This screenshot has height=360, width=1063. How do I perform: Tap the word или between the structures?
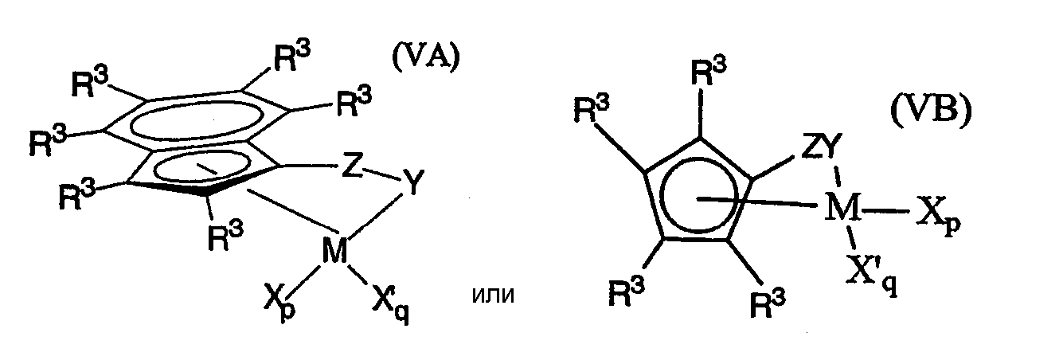pos(493,295)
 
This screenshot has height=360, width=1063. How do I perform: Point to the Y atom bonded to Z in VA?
pos(412,183)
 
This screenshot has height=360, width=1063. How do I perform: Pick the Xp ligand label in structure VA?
pos(280,303)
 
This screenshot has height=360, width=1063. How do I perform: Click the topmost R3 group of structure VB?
pos(708,72)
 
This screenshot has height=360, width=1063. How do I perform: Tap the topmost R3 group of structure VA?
pos(292,57)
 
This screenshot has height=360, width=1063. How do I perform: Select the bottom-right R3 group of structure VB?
pos(768,302)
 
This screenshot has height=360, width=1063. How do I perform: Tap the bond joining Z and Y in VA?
pos(381,174)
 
